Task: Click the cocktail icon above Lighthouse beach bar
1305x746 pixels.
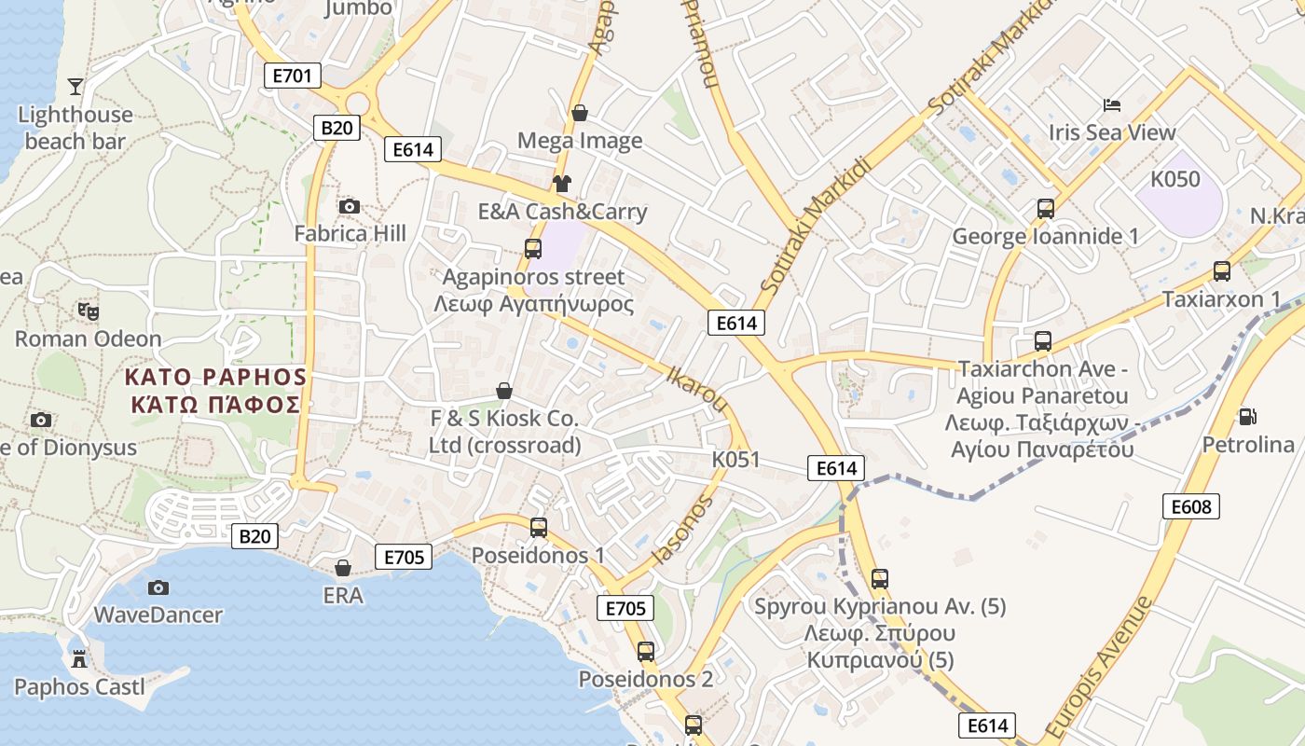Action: pos(76,87)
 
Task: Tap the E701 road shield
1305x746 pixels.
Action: pos(293,76)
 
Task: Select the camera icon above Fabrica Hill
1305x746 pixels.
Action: pos(350,206)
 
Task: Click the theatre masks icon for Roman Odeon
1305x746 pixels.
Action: pos(89,311)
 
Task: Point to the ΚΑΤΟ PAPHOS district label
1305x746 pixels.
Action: pos(215,378)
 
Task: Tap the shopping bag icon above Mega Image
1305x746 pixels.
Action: pos(580,113)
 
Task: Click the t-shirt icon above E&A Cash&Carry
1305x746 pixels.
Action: pos(561,183)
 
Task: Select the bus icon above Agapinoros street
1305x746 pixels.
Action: pos(533,249)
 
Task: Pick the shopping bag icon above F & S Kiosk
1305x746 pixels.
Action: pos(504,390)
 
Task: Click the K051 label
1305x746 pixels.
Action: pos(736,460)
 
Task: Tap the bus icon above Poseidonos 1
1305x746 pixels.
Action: pos(539,528)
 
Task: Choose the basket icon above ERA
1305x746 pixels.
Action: pos(343,567)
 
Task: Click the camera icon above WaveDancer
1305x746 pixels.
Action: pos(158,587)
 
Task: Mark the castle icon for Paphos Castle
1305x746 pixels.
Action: pos(79,659)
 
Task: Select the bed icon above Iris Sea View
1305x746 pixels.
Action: pos(1112,104)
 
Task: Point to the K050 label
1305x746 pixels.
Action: pos(1175,179)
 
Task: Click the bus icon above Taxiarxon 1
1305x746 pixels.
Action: pos(1221,271)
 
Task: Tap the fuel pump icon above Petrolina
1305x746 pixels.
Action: pos(1247,416)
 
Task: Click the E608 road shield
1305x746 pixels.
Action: pos(1191,506)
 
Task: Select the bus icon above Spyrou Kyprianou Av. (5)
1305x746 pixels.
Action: pos(880,578)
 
